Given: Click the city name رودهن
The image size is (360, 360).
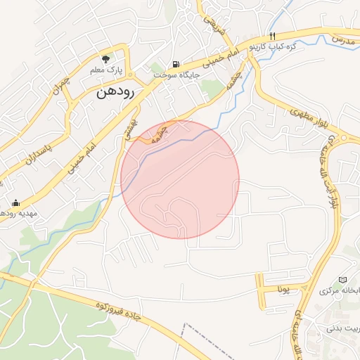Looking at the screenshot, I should point(114,91).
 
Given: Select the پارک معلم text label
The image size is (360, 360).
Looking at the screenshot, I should point(106,71).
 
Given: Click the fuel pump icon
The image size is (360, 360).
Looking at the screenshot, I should point(175,63).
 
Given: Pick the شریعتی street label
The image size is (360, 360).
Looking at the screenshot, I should point(213,27).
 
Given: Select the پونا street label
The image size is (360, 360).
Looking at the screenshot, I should point(283,289).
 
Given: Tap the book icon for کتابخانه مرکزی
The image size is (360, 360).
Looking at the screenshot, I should point(343,280).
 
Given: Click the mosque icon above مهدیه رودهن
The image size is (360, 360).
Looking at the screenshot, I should point(15,202).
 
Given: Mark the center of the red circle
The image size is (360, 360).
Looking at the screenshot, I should point(180,179).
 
